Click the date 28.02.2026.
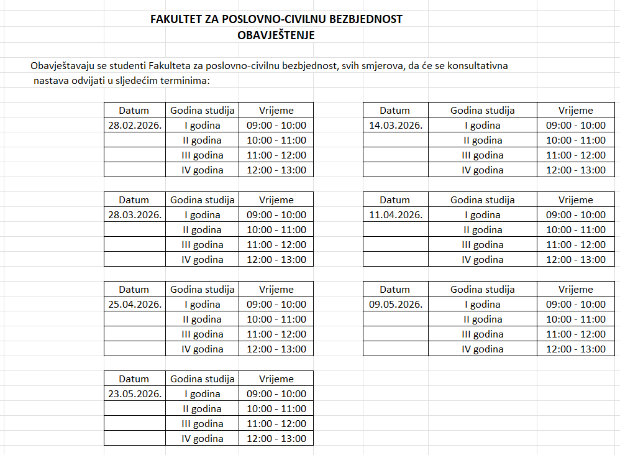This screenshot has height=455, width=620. tap(135, 126)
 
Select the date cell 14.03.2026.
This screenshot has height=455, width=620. tap(396, 126)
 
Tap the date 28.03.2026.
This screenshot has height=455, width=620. tap(135, 215)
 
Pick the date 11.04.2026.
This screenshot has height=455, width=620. tap(396, 215)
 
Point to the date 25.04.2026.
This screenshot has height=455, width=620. tap(135, 305)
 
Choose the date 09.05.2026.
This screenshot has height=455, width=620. tap(396, 305)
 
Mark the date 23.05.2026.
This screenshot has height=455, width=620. tap(135, 394)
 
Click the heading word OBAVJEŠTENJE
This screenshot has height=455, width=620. tap(276, 35)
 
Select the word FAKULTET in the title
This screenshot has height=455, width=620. tap(176, 19)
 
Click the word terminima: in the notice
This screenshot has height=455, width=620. tap(186, 81)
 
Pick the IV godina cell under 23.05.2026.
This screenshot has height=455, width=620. tap(203, 439)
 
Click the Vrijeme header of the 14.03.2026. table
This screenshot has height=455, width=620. tap(575, 111)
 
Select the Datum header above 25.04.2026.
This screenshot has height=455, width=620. tap(134, 290)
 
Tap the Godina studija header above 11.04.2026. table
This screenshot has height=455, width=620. tap(482, 200)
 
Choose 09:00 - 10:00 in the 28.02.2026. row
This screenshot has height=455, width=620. tap(276, 126)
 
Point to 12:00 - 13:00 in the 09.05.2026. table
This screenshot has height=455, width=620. tap(575, 349)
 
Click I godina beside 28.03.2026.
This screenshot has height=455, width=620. tap(203, 215)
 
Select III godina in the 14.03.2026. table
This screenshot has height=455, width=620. tap(482, 155)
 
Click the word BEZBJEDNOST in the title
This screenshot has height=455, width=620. tap(365, 19)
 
